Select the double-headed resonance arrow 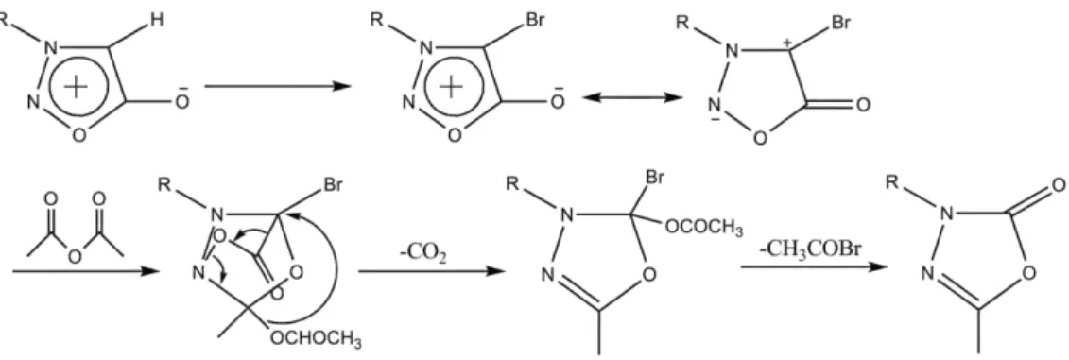632,98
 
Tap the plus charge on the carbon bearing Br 788,43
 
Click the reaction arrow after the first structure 278,87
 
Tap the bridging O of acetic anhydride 75,258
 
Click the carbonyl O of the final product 1058,185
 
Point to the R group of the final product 890,182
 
